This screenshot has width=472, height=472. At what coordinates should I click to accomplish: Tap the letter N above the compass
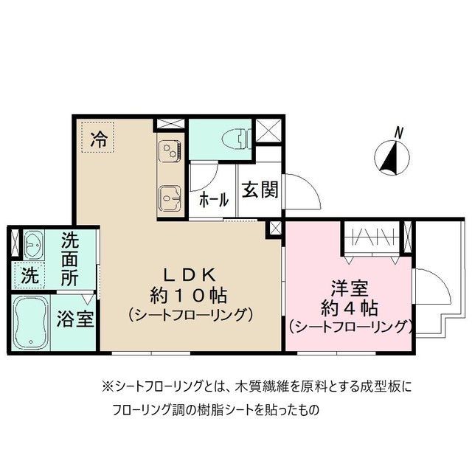[x=398, y=133]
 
